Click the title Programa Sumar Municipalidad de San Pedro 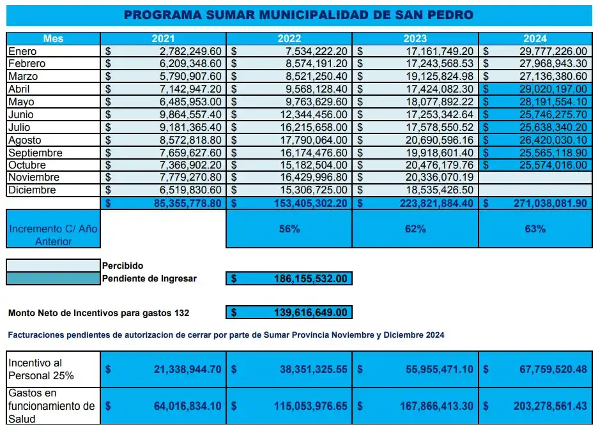click(299, 14)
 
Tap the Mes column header click(53, 38)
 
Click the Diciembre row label click(32, 190)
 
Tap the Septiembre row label click(35, 153)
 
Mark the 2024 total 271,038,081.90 click(545, 203)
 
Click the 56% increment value click(289, 229)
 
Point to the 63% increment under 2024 click(535, 229)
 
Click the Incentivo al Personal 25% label click(41, 369)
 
